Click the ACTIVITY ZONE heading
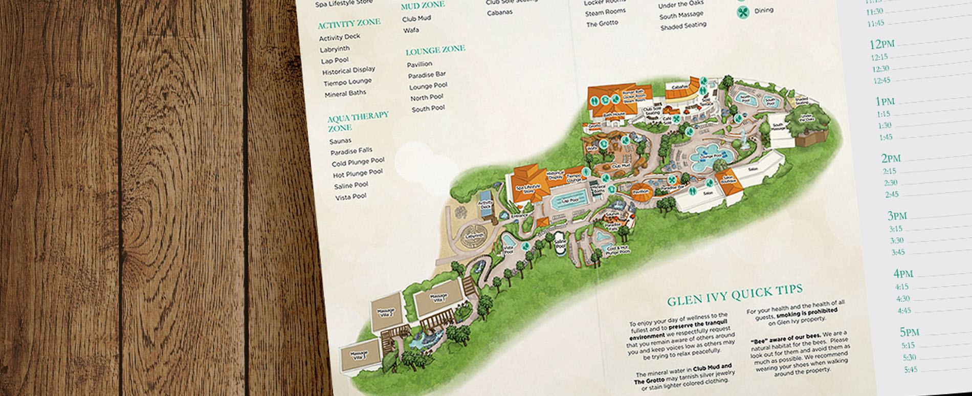coord(349,24)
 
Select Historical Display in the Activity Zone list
coord(348,71)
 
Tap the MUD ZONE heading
coord(423,6)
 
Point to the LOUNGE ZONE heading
coord(435,50)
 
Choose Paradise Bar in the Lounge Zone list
coord(427,75)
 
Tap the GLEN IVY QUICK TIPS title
coord(735,295)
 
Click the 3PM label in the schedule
coord(897,216)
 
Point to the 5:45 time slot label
coord(910,369)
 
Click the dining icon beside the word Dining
coord(743,12)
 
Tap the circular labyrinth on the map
coord(474,236)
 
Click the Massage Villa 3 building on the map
coord(360,354)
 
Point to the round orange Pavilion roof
coord(640,191)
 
